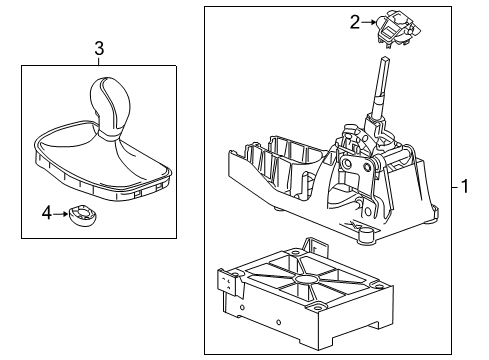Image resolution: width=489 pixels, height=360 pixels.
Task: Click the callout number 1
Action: (x=465, y=186)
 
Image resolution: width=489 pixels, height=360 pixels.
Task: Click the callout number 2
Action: (x=355, y=22)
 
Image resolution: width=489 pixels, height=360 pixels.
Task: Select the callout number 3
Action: (x=99, y=49)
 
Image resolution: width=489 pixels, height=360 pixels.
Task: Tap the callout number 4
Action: (x=47, y=213)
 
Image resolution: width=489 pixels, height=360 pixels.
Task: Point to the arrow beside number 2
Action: (x=369, y=22)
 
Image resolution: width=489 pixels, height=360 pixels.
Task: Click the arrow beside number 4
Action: (x=61, y=213)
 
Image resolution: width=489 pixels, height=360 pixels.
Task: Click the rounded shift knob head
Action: (x=108, y=102)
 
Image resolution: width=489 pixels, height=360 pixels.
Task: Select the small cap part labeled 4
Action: (x=83, y=216)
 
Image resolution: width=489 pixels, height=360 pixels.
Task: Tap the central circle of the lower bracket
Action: (x=306, y=278)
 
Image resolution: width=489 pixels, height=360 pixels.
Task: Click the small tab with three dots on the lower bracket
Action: (x=229, y=283)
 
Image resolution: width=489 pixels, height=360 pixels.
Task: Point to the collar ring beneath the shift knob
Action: (x=109, y=135)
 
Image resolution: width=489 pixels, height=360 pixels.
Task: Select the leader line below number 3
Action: (x=99, y=61)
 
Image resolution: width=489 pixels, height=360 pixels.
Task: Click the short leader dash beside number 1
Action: (x=455, y=187)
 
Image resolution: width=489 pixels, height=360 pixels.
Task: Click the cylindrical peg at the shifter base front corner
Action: (x=367, y=234)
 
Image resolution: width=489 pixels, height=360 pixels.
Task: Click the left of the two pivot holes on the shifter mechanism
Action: (x=347, y=164)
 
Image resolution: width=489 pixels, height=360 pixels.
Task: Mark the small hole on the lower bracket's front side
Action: (x=279, y=322)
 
